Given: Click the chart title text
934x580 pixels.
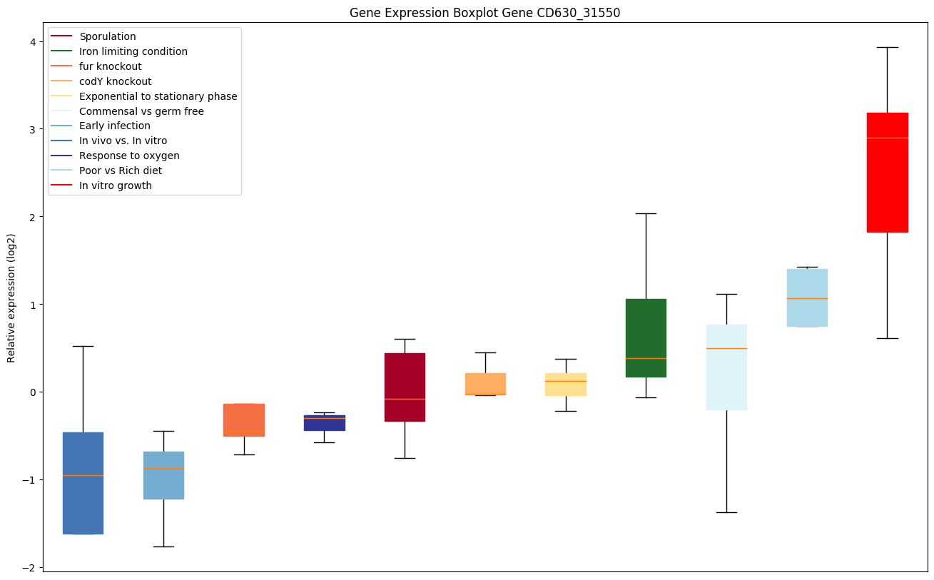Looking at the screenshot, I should [x=484, y=13].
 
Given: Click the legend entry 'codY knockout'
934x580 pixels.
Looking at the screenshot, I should [x=115, y=81].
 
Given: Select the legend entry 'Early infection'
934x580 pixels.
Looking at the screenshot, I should [x=114, y=126].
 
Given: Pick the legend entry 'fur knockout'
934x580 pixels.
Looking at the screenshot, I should [x=110, y=66].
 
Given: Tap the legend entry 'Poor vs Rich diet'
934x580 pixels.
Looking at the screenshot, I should [x=120, y=171].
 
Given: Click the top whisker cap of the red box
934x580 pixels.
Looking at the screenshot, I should [x=887, y=47].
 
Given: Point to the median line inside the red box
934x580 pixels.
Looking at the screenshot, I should [x=887, y=138].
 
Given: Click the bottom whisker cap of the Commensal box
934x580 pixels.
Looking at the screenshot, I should [x=726, y=512].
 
